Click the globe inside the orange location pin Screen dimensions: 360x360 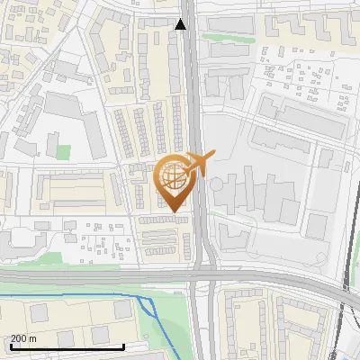point(172,176)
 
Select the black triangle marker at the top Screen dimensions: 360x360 point(181,24)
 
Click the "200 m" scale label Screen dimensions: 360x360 point(24,338)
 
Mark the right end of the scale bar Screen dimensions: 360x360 point(123,346)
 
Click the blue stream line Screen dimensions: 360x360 point(72,295)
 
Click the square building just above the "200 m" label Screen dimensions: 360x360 point(39,312)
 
